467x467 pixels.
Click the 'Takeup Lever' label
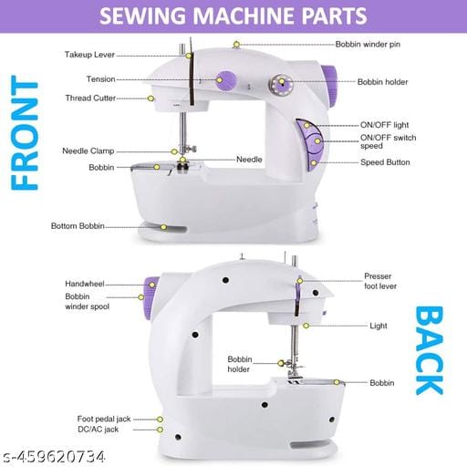89,55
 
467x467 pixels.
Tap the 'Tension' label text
100,79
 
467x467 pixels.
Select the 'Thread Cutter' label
90,98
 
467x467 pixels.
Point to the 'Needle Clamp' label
88,150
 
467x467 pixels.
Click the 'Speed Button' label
384,162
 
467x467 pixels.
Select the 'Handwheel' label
84,284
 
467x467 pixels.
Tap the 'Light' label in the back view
378,326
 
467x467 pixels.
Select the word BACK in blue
429,350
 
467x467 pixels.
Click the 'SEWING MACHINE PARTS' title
233,16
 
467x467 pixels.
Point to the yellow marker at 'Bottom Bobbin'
164,226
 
